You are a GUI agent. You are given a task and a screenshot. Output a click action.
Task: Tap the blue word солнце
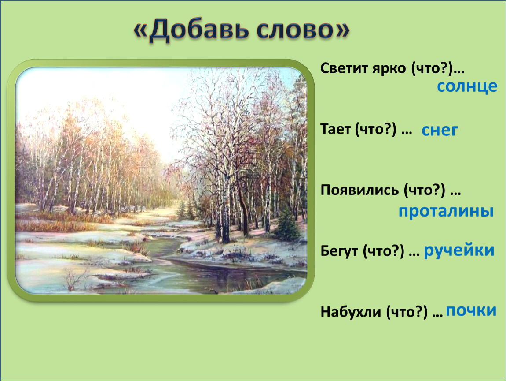tap(467, 86)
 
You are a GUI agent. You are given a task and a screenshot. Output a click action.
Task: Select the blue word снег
tap(440, 130)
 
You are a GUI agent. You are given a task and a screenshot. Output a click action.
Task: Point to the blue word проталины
tap(446, 211)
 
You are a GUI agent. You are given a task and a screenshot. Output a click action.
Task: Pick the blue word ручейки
tap(459, 250)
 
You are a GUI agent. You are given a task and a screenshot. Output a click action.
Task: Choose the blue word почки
tap(471, 311)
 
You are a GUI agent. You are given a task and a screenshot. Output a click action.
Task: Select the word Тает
tap(336, 129)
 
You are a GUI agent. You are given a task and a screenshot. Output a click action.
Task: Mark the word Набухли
tap(351, 312)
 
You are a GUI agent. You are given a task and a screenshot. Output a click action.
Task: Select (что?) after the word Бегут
tap(383, 251)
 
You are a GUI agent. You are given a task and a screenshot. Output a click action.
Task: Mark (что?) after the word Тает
tap(376, 129)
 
